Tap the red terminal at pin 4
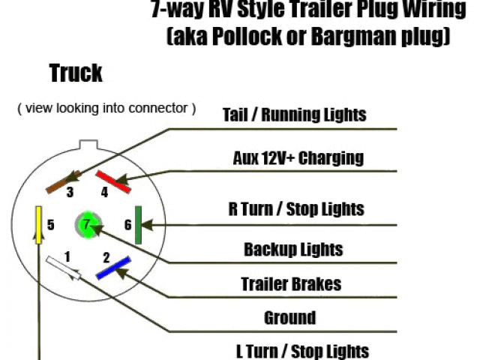[111, 180]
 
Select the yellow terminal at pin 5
[37, 223]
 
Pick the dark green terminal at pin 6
[139, 225]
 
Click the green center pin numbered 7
[87, 224]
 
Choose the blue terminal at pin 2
[112, 268]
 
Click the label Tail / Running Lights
[294, 115]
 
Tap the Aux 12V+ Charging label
[298, 157]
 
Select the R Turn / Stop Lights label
[296, 208]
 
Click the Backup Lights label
[293, 250]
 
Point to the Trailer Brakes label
[291, 284]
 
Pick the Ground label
[289, 317]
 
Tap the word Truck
[76, 73]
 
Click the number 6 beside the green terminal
[127, 225]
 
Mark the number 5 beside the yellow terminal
[50, 224]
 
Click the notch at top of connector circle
[88, 142]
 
